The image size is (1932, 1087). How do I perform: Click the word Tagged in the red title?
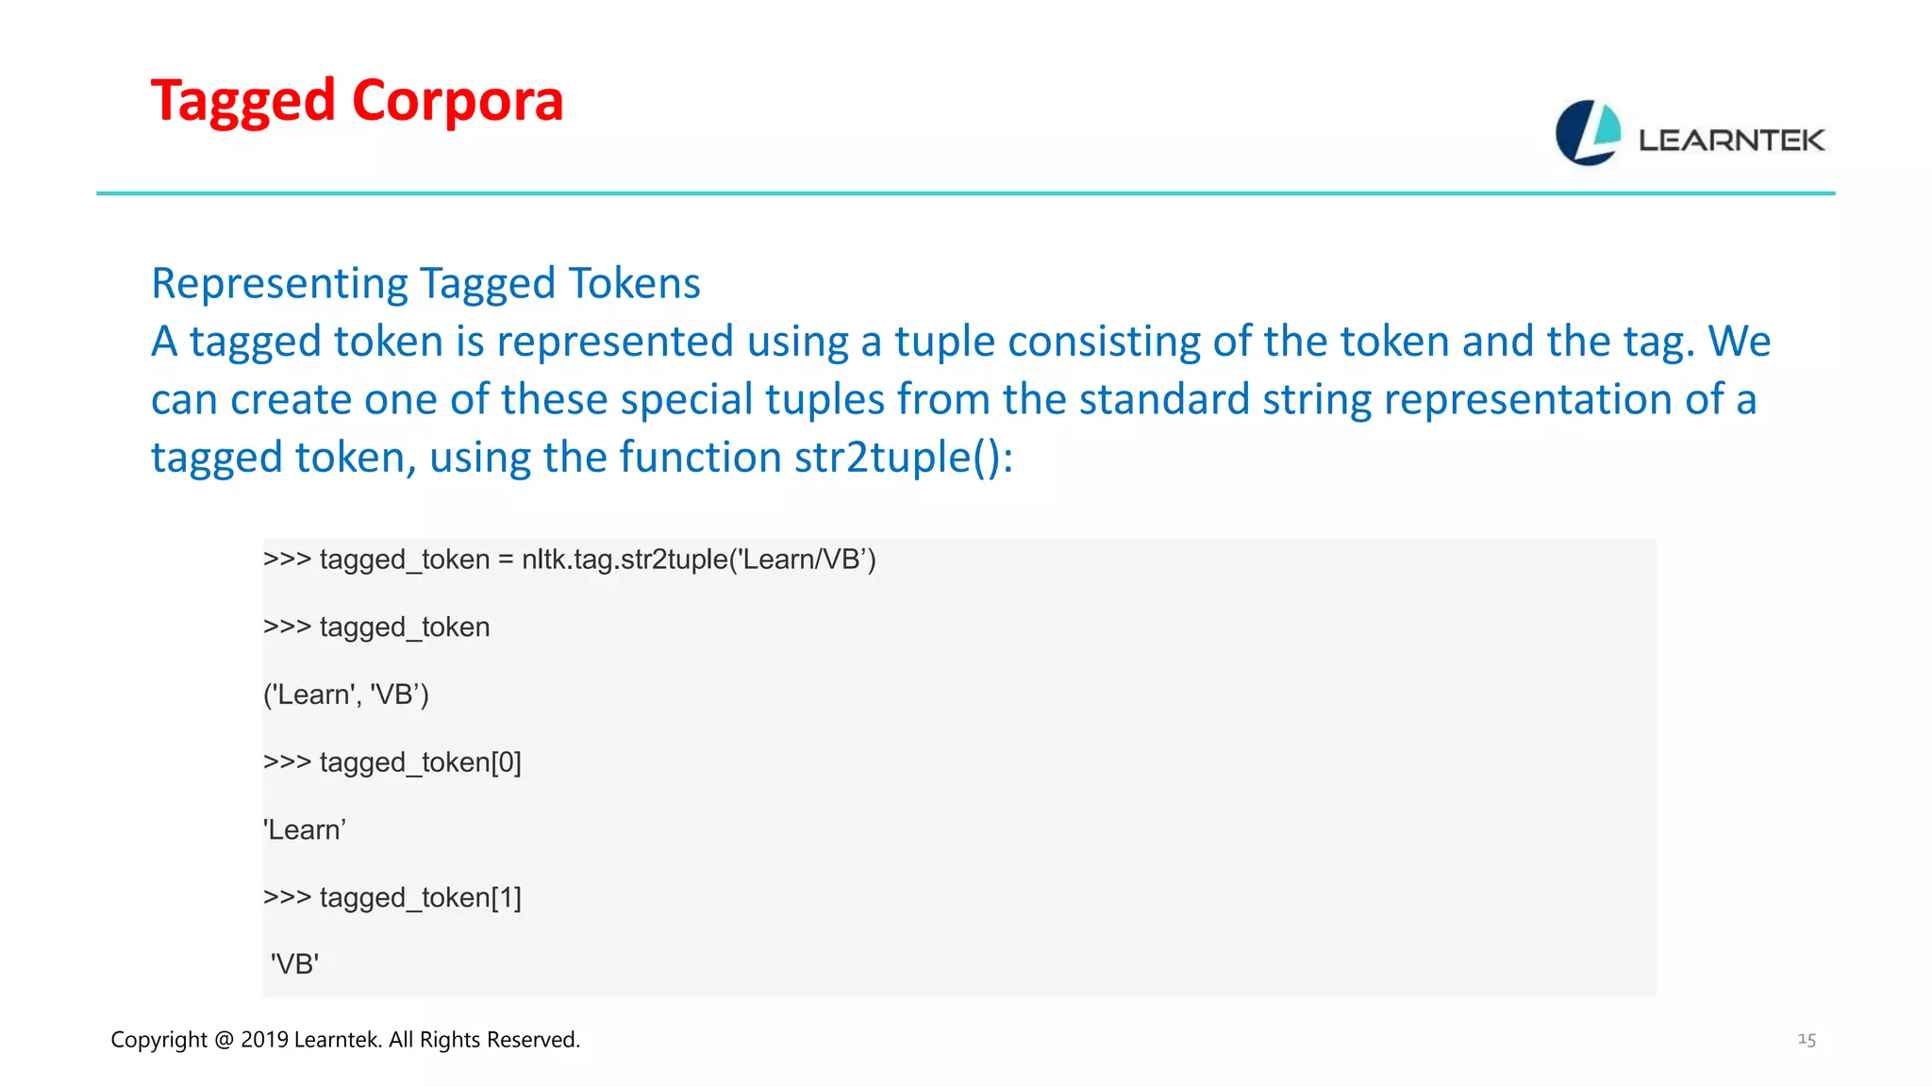tap(242, 101)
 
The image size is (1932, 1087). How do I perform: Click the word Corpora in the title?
tap(458, 101)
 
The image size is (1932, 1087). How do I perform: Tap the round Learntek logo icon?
tap(1588, 133)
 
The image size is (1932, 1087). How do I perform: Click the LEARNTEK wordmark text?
tap(1731, 141)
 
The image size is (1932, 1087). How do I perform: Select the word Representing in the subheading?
tap(278, 283)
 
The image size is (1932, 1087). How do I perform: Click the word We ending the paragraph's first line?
tap(1740, 342)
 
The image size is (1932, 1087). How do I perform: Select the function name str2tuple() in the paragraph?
tap(903, 458)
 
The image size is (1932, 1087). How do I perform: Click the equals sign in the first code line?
tap(506, 560)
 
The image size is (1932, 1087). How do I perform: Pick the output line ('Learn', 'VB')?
tap(346, 695)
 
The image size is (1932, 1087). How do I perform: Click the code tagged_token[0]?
tap(420, 762)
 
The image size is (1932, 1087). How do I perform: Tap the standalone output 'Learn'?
tap(305, 830)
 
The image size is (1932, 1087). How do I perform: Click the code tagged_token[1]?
tap(420, 897)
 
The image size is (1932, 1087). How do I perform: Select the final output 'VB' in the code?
tap(295, 964)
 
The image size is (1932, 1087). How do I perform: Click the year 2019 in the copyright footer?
tap(264, 1040)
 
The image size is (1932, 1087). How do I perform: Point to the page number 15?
tap(1807, 1040)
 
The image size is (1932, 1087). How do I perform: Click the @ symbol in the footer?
tap(224, 1040)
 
